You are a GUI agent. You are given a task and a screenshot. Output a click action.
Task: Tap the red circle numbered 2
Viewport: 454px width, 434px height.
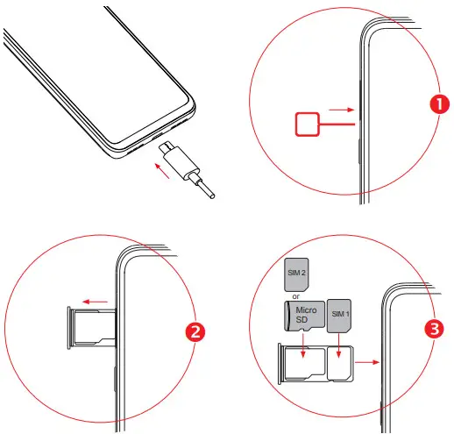tap(198, 332)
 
